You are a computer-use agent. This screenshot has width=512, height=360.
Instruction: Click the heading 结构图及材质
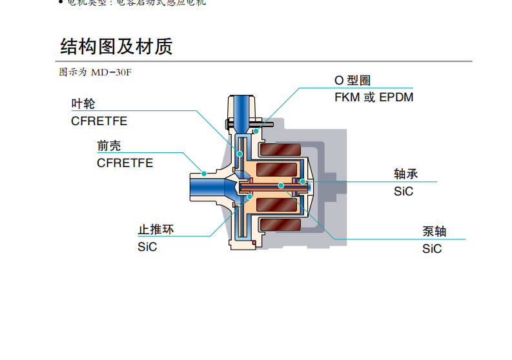(116, 47)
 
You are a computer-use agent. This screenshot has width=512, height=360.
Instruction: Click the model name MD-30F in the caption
(111, 72)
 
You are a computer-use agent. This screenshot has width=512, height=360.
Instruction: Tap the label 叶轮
(83, 104)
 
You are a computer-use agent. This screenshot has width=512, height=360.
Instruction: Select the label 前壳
(108, 146)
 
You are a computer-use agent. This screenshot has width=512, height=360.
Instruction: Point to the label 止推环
(156, 230)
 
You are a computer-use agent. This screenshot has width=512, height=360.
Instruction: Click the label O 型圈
(353, 81)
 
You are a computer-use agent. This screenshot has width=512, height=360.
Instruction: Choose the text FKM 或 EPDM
(374, 97)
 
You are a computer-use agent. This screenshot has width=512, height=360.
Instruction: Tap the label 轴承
(407, 174)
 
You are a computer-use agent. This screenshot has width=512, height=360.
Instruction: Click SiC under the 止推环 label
(147, 246)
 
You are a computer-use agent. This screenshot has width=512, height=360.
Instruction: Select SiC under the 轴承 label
(404, 191)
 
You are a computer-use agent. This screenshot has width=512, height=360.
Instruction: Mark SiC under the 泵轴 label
(432, 248)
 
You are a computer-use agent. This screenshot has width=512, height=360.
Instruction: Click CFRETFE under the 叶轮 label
(99, 121)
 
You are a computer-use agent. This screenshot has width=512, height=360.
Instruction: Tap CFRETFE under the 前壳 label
(125, 163)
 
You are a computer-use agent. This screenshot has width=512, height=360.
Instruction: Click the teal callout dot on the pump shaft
(282, 186)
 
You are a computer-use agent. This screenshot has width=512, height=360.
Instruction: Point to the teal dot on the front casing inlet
(204, 173)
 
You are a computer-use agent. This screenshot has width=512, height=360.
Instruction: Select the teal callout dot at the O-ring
(256, 131)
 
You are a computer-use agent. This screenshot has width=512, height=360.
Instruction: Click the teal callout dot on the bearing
(302, 181)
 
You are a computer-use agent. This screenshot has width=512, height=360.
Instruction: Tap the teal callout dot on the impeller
(240, 154)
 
